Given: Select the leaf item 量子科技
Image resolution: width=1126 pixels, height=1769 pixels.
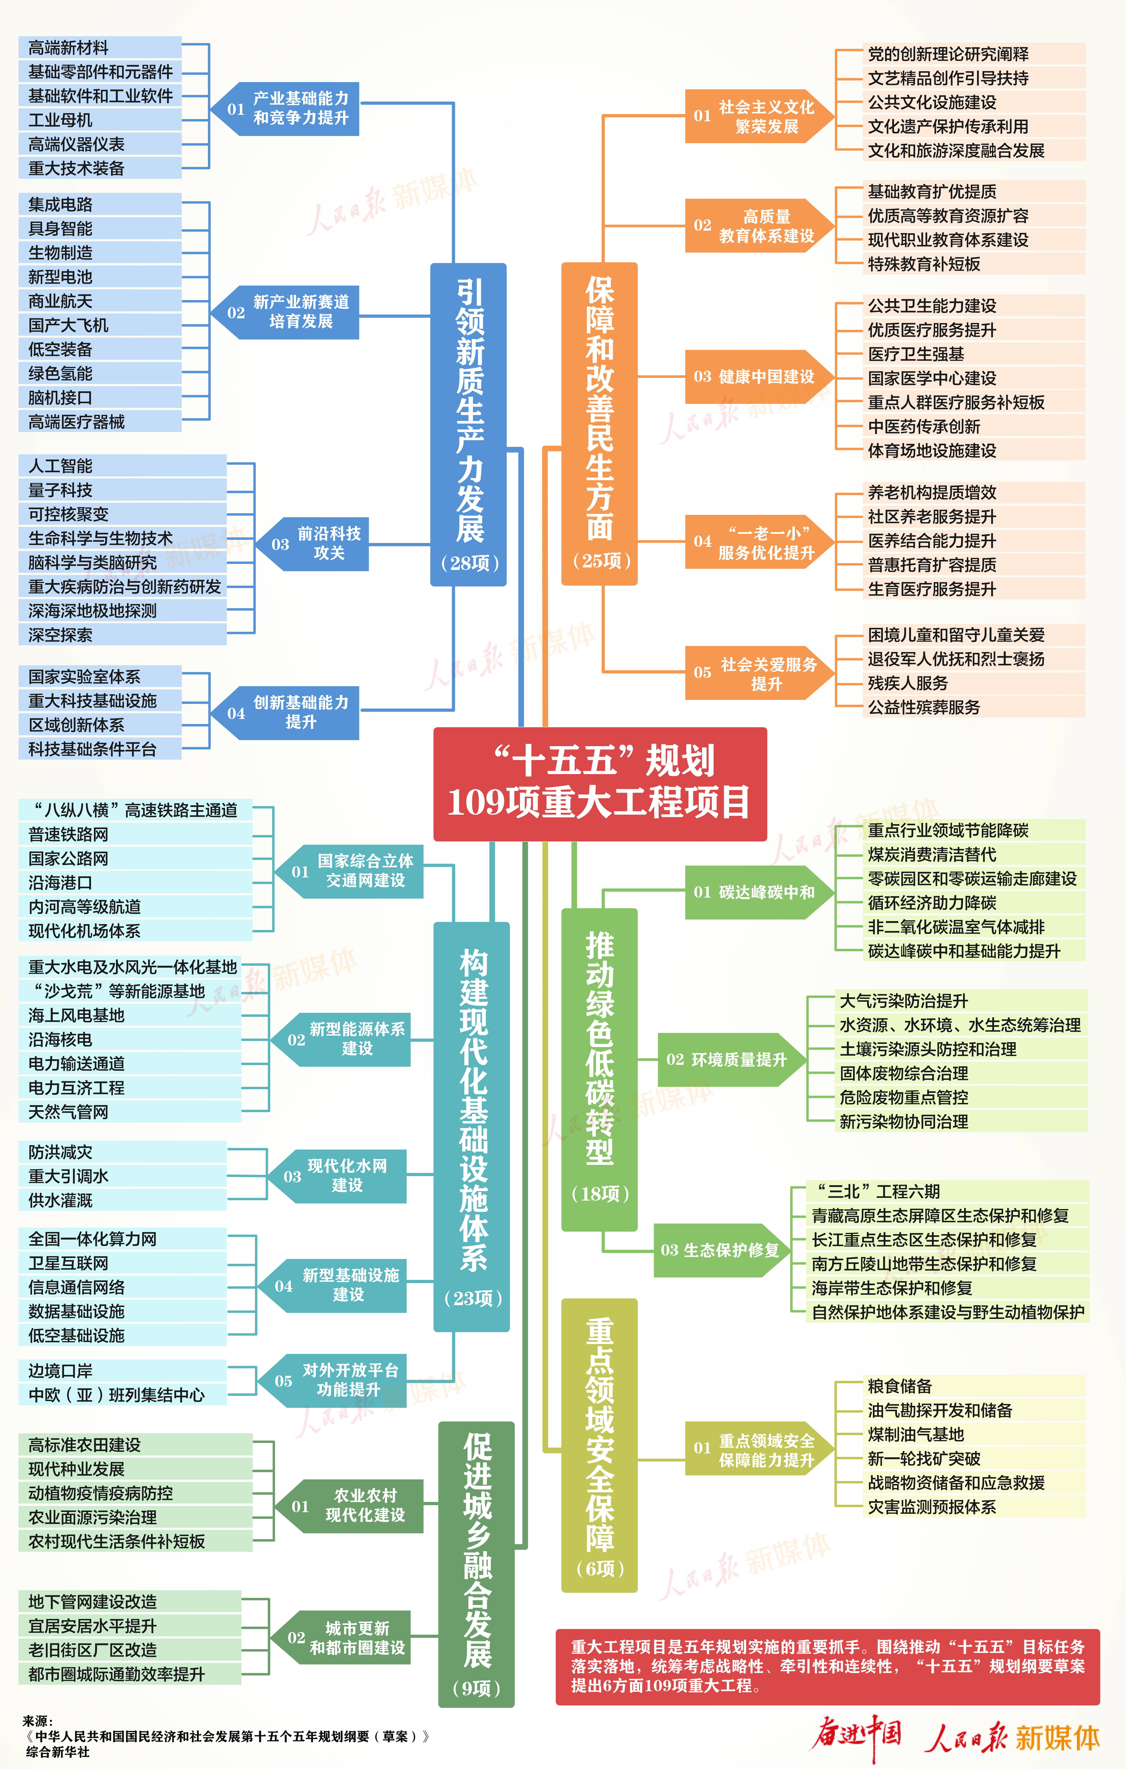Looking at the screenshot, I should (60, 490).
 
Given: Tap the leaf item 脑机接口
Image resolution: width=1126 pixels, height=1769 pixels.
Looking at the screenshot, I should (60, 397).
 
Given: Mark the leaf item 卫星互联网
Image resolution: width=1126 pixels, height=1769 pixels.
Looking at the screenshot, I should (68, 1263).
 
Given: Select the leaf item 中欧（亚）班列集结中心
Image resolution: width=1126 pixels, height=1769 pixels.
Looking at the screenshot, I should (116, 1394).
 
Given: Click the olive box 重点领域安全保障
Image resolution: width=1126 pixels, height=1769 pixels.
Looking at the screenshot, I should (599, 1444).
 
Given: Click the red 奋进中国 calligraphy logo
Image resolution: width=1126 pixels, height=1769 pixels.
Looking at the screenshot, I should (856, 1735).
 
